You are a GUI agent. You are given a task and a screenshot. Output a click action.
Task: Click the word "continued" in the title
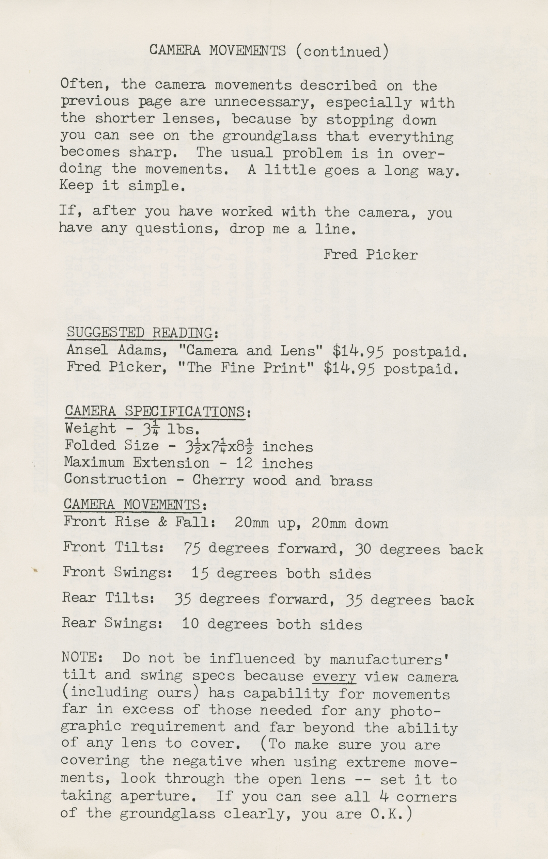click(342, 52)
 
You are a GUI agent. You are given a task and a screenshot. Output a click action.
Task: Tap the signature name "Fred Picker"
click(370, 255)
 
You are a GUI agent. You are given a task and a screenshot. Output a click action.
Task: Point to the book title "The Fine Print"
click(250, 367)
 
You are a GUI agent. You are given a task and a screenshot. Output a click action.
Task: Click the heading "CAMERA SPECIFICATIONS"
click(155, 411)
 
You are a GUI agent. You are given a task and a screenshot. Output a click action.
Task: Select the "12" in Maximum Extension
click(244, 463)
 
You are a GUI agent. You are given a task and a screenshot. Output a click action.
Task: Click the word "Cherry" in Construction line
click(218, 480)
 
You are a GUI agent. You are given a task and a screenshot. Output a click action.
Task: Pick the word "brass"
click(351, 481)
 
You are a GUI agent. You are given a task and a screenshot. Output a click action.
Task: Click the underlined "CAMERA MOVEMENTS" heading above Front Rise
click(132, 505)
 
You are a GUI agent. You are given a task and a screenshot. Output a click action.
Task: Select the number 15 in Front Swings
click(200, 573)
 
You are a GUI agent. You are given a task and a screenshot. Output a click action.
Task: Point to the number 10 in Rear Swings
click(190, 624)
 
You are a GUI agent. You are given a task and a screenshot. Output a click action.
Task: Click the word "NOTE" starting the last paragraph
click(79, 657)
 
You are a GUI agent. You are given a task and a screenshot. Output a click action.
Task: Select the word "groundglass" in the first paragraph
click(274, 136)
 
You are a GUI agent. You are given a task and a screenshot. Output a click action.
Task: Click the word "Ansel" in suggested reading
click(87, 350)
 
